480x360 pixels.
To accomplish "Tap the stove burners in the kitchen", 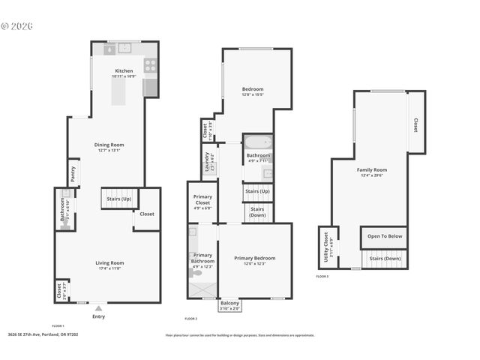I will click(151, 65).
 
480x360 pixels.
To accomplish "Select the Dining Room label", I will click(109, 147).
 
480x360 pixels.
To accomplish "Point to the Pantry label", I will click(73, 173).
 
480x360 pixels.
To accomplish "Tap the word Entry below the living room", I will click(98, 316).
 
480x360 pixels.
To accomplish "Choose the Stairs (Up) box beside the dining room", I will click(116, 199).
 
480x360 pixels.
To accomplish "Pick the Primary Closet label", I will click(202, 200).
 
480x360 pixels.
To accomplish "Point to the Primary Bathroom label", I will click(202, 259).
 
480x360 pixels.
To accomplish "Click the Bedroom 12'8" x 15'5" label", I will click(253, 91).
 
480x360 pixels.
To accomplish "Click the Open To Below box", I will click(385, 235).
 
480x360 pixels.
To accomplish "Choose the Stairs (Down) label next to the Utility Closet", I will click(385, 258).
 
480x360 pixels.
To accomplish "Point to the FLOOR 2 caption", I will click(192, 319).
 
